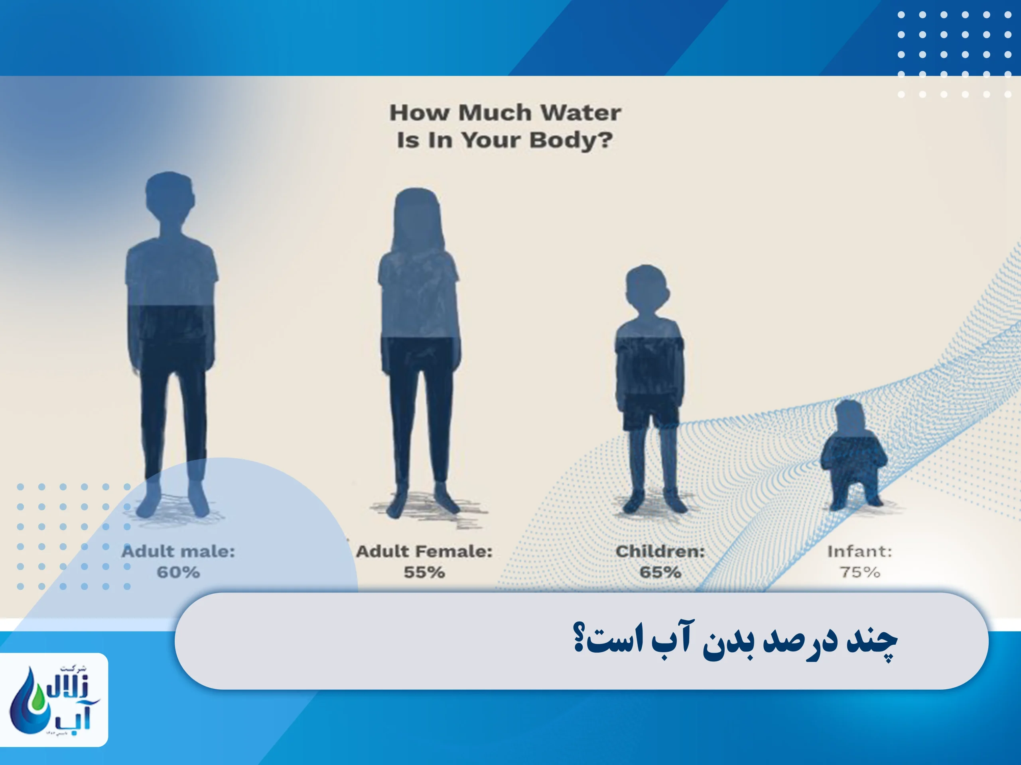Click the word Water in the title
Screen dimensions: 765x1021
tap(581, 113)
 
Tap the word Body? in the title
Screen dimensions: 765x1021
tap(571, 141)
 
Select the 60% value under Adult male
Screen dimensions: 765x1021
tap(178, 572)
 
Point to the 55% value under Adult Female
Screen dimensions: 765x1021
tap(424, 572)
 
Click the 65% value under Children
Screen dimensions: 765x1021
tap(660, 572)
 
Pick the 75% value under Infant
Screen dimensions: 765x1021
tap(860, 572)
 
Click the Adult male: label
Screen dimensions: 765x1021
tap(178, 551)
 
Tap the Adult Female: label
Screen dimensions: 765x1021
tap(424, 551)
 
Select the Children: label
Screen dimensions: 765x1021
tap(660, 551)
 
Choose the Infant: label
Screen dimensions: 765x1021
tap(859, 551)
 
